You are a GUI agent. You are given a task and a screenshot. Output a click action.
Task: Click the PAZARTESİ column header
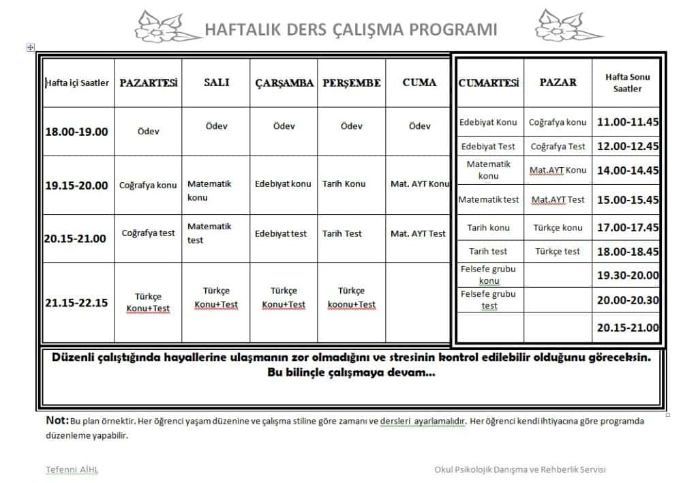148,83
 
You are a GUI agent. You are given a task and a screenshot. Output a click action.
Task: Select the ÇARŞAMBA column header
284,83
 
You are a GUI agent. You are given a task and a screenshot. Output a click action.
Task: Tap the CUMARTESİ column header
489,83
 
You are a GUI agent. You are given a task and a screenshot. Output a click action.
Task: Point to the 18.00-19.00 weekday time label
76,131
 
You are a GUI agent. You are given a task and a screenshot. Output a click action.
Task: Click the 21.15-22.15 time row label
76,303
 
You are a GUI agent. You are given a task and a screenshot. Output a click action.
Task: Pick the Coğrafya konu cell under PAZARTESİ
148,185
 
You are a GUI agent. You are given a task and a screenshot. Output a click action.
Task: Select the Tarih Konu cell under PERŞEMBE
344,184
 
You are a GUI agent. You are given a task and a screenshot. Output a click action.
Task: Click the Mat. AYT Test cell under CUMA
418,233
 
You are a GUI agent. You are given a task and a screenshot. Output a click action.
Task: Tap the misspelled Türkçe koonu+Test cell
351,297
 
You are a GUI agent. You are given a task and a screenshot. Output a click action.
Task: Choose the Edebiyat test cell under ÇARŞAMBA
281,233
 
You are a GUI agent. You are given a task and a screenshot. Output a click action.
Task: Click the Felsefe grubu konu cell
489,275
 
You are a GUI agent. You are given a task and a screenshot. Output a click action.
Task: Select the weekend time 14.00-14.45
628,171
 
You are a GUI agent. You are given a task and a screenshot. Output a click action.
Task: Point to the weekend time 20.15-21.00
628,327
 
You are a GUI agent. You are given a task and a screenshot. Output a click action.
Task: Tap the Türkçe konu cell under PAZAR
558,228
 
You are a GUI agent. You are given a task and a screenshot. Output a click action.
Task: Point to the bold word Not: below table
57,420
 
